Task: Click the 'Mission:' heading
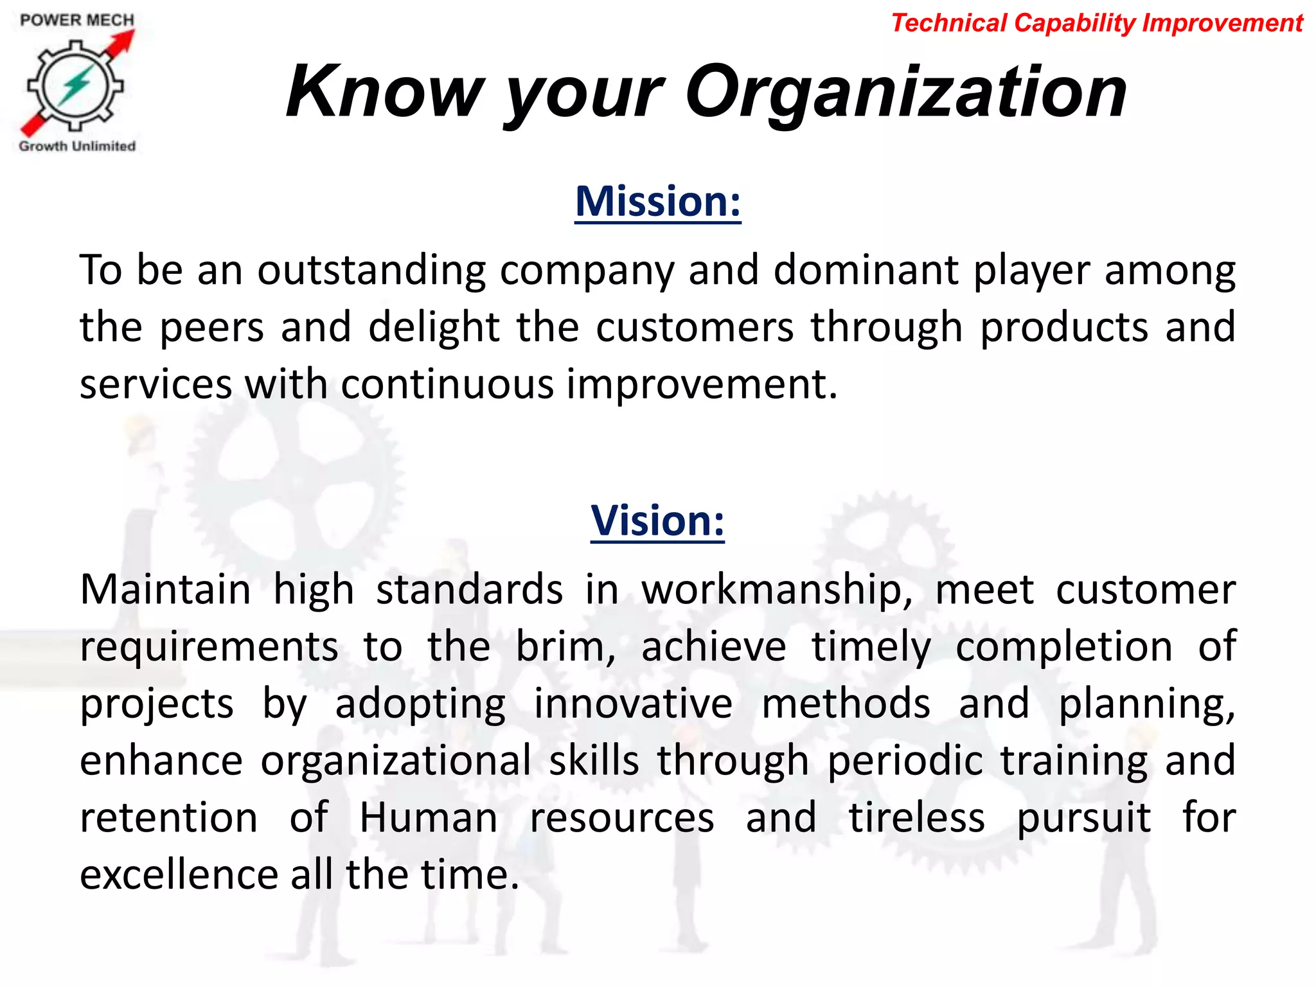coord(657,201)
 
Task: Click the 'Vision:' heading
coord(657,520)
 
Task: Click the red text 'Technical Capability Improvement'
coord(1097,23)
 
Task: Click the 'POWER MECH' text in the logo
coord(77,20)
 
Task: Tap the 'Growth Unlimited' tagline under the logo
coord(77,146)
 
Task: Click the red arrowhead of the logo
coord(125,40)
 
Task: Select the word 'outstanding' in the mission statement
coord(371,270)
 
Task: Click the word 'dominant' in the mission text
coord(866,270)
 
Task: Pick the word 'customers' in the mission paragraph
coord(695,327)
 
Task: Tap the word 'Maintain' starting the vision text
coord(165,589)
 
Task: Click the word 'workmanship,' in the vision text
coord(777,589)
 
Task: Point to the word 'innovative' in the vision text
coord(633,703)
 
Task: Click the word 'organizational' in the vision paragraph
coord(396,760)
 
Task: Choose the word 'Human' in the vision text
coord(428,817)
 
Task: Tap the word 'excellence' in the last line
coord(178,875)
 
